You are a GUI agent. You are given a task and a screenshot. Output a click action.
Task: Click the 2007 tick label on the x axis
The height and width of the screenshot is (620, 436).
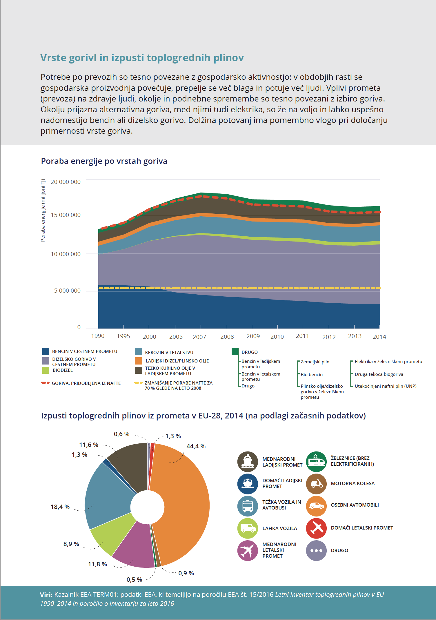(x=199, y=337)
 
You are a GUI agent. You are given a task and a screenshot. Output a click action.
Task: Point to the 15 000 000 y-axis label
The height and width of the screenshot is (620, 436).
(x=66, y=215)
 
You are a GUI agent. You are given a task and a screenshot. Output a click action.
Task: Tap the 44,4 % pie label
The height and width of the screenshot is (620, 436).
(x=196, y=446)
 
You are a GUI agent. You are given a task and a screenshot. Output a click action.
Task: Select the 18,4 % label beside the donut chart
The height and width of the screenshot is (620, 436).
(x=60, y=507)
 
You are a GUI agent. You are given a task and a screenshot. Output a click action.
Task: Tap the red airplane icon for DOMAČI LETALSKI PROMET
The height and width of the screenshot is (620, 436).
(x=316, y=528)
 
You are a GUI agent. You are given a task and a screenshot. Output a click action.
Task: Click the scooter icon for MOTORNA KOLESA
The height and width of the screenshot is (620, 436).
(x=316, y=484)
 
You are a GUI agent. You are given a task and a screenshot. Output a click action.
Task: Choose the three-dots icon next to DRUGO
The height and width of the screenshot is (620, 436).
(x=316, y=550)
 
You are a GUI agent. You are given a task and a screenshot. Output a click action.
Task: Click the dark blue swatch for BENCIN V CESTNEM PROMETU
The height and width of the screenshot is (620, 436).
(x=46, y=351)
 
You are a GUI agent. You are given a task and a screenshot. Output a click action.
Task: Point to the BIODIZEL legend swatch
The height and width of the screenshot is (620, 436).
(x=46, y=370)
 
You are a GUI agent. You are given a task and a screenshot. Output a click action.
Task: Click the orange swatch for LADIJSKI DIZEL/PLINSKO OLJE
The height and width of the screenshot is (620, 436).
(x=139, y=361)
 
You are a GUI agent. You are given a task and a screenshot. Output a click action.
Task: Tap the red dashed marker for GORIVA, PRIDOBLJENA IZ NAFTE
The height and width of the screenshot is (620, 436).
(x=45, y=383)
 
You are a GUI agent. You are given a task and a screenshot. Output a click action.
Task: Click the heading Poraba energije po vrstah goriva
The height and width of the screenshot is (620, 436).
(x=104, y=161)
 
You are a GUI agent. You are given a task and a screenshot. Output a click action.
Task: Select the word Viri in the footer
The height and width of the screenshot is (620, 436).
(x=46, y=595)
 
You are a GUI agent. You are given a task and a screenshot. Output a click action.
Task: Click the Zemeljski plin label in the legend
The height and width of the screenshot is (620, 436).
(x=315, y=362)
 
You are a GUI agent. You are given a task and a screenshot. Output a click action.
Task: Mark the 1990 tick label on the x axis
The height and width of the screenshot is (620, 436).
(x=98, y=336)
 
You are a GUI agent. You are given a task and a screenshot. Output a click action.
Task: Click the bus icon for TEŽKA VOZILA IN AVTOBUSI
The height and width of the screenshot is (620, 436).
(x=248, y=506)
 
